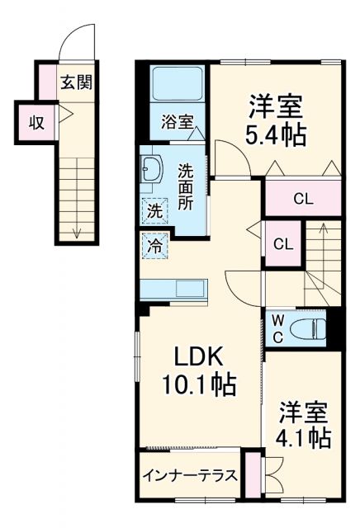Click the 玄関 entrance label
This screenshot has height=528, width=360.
[75, 82]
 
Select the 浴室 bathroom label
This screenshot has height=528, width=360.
[178, 122]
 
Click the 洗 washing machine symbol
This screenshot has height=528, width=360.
[155, 211]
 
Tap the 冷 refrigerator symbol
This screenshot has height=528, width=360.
[154, 245]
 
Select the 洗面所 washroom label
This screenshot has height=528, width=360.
[187, 186]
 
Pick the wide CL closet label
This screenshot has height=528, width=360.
[303, 199]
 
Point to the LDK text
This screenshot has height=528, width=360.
[199, 356]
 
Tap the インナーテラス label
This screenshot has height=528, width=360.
[189, 476]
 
